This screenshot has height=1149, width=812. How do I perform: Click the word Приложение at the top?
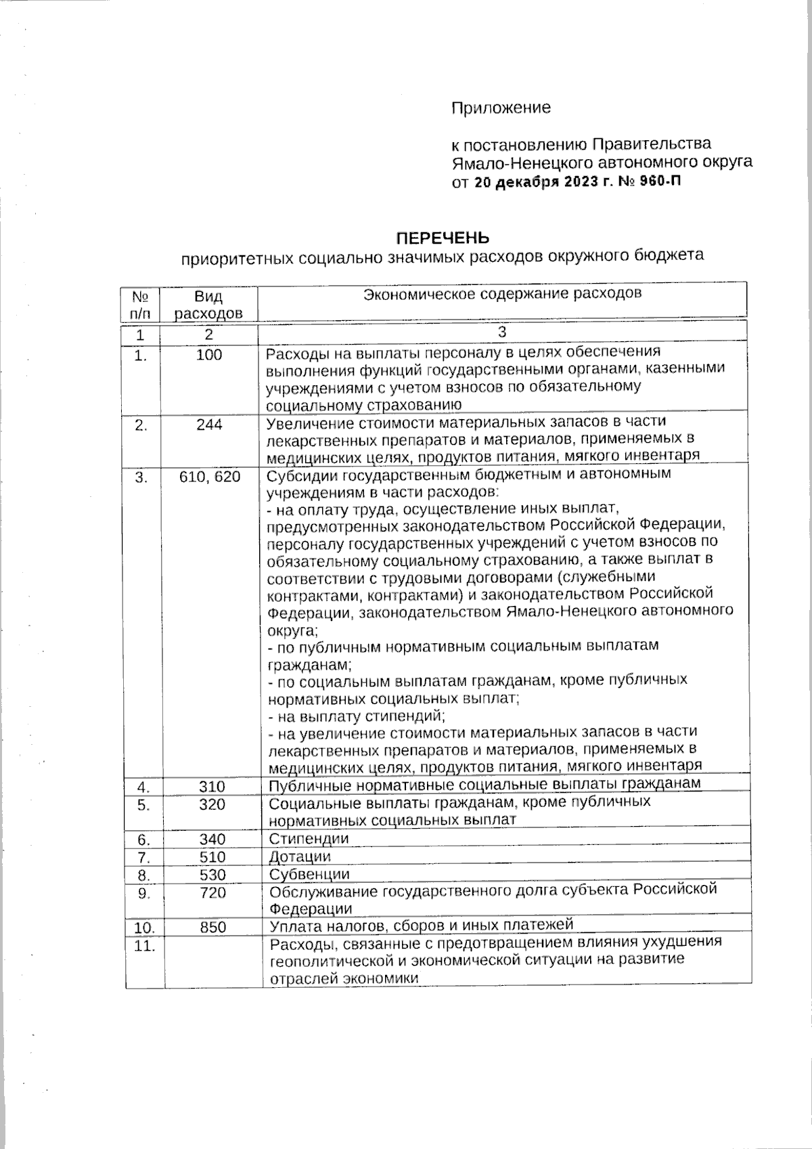click(501, 108)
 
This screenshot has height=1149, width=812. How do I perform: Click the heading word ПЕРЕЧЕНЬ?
click(442, 238)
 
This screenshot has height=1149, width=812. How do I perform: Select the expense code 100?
click(209, 355)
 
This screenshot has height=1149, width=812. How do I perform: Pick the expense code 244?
click(209, 425)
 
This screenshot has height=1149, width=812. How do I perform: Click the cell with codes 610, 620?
click(210, 477)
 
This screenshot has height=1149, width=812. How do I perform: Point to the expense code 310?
click(212, 787)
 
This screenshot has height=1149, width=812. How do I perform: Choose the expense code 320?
click(212, 804)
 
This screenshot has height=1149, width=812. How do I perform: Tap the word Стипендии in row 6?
click(309, 839)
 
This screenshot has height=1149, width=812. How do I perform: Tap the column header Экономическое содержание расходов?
click(502, 294)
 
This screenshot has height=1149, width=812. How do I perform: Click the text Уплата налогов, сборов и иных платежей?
click(421, 925)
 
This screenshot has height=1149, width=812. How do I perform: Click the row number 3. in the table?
click(141, 477)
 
